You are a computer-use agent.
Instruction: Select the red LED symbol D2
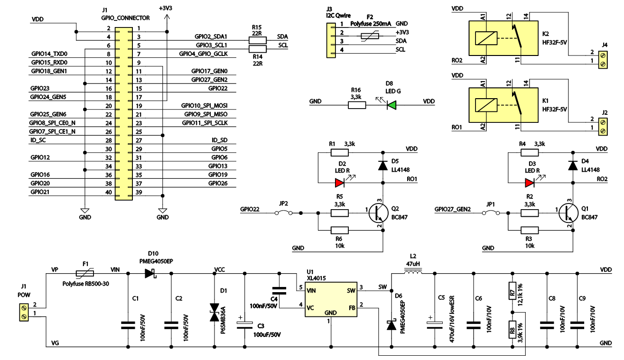339,183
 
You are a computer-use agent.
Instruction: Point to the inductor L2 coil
412,273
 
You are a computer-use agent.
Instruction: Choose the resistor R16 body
357,105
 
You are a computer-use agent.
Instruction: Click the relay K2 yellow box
503,38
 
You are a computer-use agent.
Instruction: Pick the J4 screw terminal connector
603,57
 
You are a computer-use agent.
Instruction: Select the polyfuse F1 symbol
85,273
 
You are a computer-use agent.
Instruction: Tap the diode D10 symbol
151,273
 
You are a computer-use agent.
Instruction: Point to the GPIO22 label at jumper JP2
250,209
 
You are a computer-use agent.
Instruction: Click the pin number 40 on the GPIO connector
108,192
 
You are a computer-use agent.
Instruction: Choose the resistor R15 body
258,40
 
